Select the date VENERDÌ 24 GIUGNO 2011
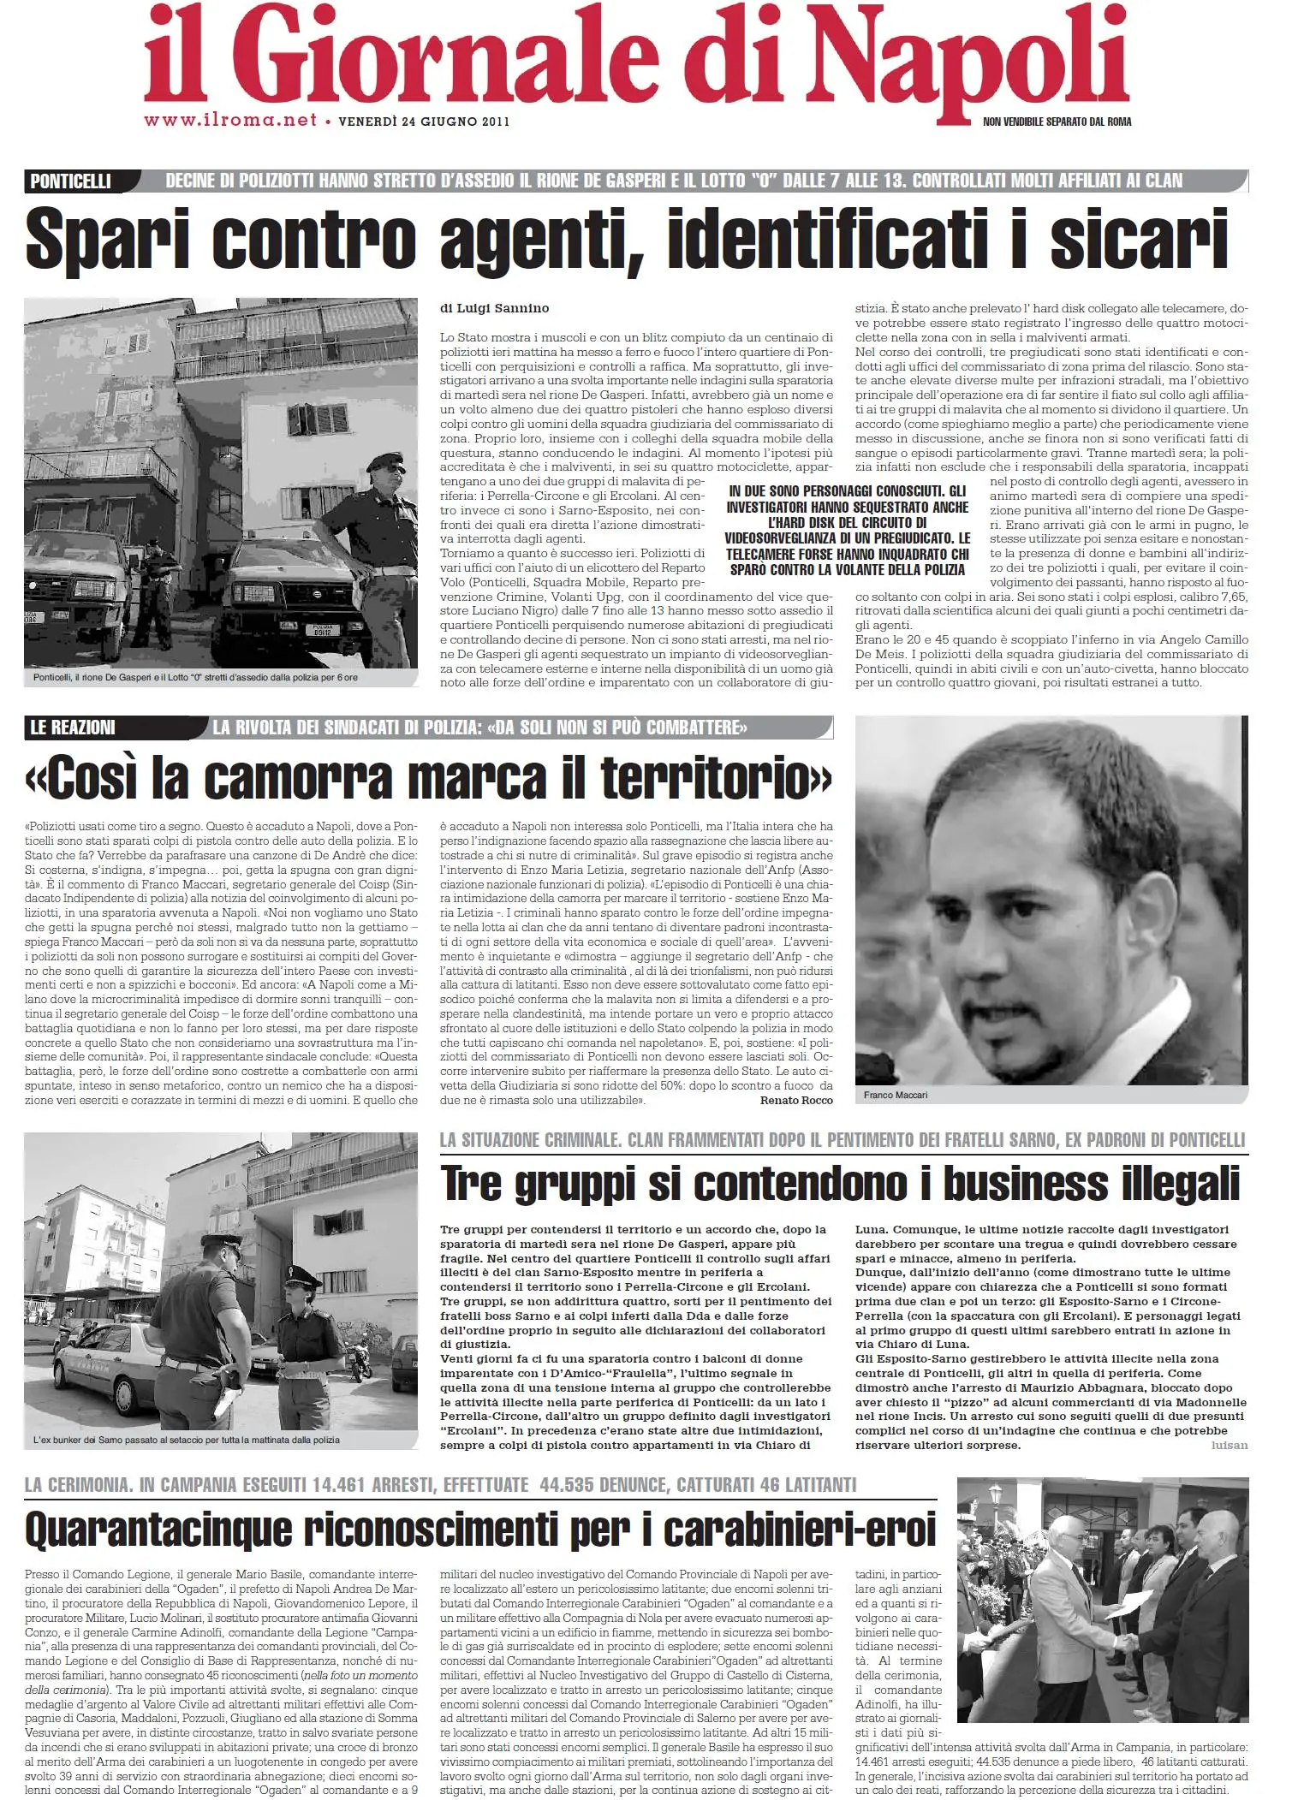click(x=424, y=122)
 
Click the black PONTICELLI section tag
click(x=70, y=181)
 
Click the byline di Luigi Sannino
click(x=495, y=308)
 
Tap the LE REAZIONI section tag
click(x=72, y=728)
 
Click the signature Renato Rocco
click(x=796, y=1100)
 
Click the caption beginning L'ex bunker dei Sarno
click(x=186, y=1440)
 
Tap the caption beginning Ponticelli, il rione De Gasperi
click(x=195, y=678)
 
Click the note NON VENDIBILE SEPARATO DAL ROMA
click(x=1057, y=122)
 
